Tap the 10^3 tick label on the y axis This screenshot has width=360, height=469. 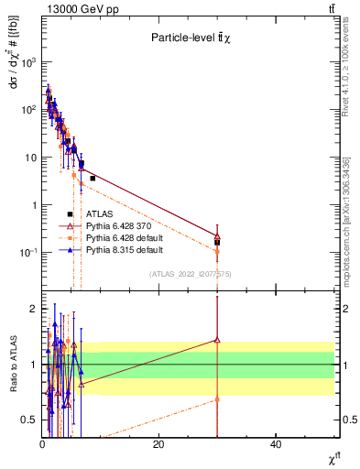click(28, 62)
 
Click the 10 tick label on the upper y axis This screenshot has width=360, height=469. click(30, 158)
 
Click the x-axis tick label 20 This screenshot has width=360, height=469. click(158, 443)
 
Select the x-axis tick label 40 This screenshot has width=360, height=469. click(276, 443)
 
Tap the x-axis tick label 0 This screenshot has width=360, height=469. click(42, 443)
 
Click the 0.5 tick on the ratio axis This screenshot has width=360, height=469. click(29, 420)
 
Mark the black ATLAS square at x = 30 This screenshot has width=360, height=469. click(217, 243)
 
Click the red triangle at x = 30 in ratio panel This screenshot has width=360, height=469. click(217, 339)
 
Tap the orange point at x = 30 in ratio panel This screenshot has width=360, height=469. click(217, 399)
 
